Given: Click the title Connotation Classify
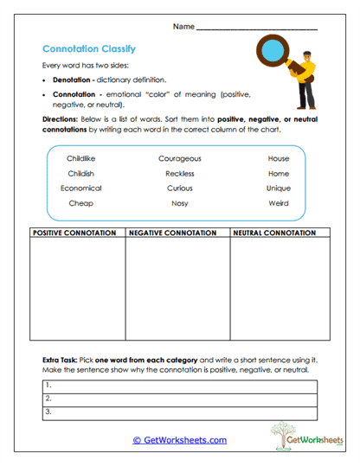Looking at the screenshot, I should (x=88, y=49).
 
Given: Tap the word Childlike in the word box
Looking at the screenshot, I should (x=81, y=159).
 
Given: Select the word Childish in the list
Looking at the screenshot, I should (x=81, y=174).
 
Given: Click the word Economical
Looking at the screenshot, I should (x=81, y=188).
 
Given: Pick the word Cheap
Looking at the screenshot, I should (x=81, y=202).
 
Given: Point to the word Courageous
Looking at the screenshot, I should (x=180, y=159).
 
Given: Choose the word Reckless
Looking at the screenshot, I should (x=180, y=174).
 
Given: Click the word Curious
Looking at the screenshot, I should (x=180, y=188).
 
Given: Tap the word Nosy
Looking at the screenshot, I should (x=180, y=202).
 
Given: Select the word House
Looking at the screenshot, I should (x=279, y=159).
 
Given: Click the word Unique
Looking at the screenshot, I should (x=279, y=188).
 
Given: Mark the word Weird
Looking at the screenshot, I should (x=279, y=202).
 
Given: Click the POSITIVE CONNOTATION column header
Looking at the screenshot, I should (x=74, y=233).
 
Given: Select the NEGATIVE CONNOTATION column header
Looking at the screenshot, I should (x=177, y=233).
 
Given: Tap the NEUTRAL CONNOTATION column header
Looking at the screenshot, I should (x=274, y=233).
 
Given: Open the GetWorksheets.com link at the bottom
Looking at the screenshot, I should (x=179, y=440).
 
